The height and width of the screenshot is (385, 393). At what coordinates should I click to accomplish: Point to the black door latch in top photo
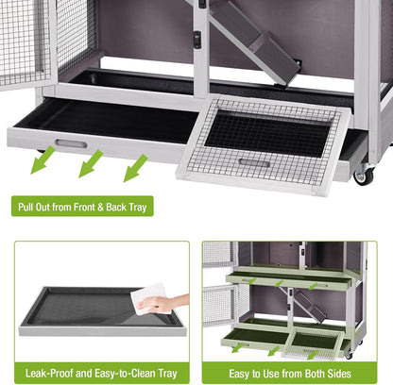(196, 40)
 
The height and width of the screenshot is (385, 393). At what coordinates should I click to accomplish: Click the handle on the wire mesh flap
(253, 161)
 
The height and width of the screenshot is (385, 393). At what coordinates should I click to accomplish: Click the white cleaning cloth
(150, 297)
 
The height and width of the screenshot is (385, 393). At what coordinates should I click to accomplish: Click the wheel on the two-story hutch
(349, 354)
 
